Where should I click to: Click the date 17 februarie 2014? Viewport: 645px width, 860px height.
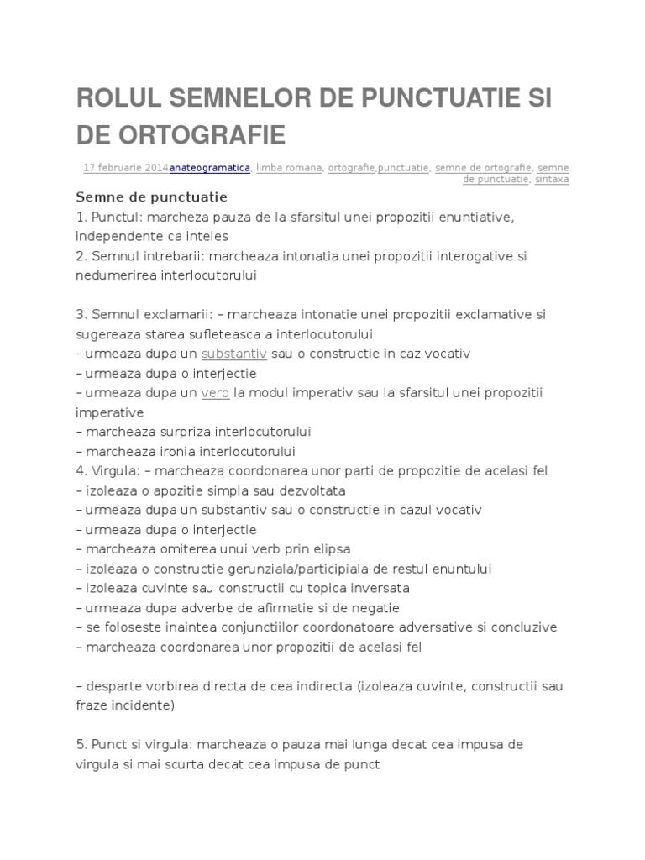[126, 168]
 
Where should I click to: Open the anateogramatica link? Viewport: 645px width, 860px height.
[210, 168]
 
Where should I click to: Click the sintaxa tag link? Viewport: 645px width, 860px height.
[552, 179]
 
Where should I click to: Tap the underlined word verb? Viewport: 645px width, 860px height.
[216, 392]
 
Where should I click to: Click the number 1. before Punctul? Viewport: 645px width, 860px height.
[81, 218]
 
